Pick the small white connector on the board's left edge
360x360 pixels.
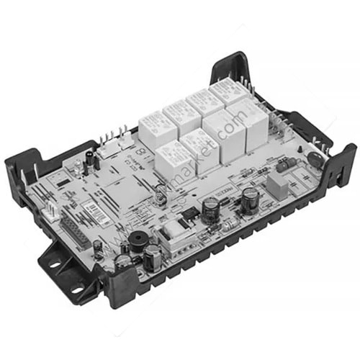[x=53, y=209]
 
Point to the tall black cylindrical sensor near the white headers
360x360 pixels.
[x=89, y=160]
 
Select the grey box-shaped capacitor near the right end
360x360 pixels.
[x=277, y=186]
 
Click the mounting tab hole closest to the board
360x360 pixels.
[x=55, y=264]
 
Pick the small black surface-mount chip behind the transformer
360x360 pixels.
[x=189, y=213]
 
